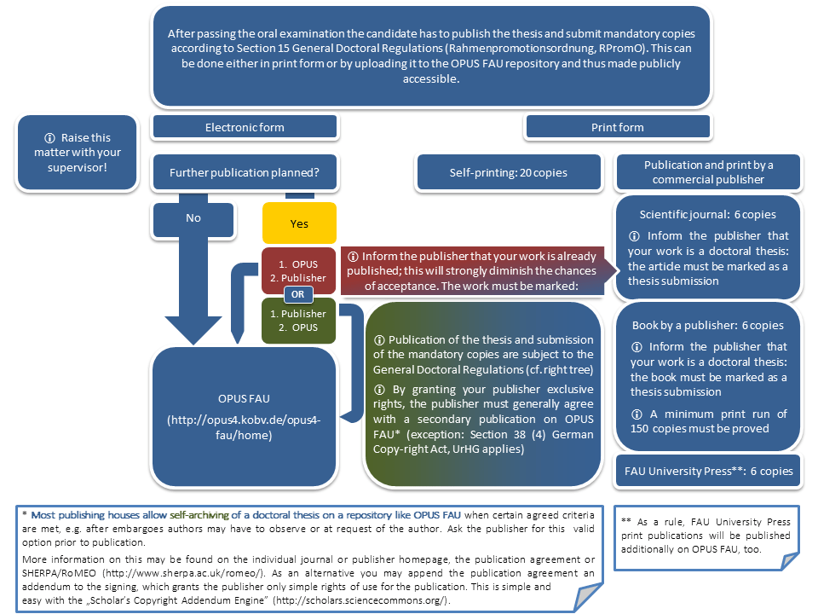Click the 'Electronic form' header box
coord(245,127)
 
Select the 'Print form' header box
coord(618,127)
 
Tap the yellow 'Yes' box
coord(299,223)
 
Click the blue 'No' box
coord(193,218)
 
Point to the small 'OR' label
coord(298,294)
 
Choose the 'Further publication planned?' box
coord(245,172)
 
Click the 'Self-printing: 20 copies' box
coord(509,172)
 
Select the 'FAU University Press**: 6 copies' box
coord(708,471)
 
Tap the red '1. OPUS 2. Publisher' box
coord(298,270)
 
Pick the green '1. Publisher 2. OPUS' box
coord(298,321)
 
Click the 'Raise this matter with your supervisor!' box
coord(78,153)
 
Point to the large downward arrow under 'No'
coord(193,293)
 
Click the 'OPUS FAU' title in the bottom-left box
coord(244,399)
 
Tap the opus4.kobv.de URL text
coord(244,427)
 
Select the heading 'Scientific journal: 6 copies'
coord(708,215)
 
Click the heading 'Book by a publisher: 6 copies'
coord(708,325)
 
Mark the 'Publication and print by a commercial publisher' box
coord(708,172)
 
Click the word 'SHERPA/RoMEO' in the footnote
coord(59,573)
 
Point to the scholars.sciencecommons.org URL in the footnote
coord(361,600)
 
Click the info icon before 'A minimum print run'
coord(637,414)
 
